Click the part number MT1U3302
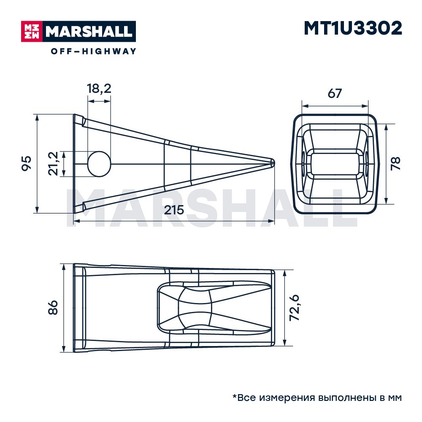(x=353, y=28)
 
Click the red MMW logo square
(x=32, y=31)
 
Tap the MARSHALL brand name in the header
(x=89, y=32)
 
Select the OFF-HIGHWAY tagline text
(x=93, y=51)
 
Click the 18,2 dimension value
(x=99, y=89)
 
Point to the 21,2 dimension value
(x=53, y=164)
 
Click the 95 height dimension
(x=26, y=163)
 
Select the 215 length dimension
(x=174, y=210)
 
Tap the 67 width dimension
(x=335, y=93)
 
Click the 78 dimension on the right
(x=396, y=164)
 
